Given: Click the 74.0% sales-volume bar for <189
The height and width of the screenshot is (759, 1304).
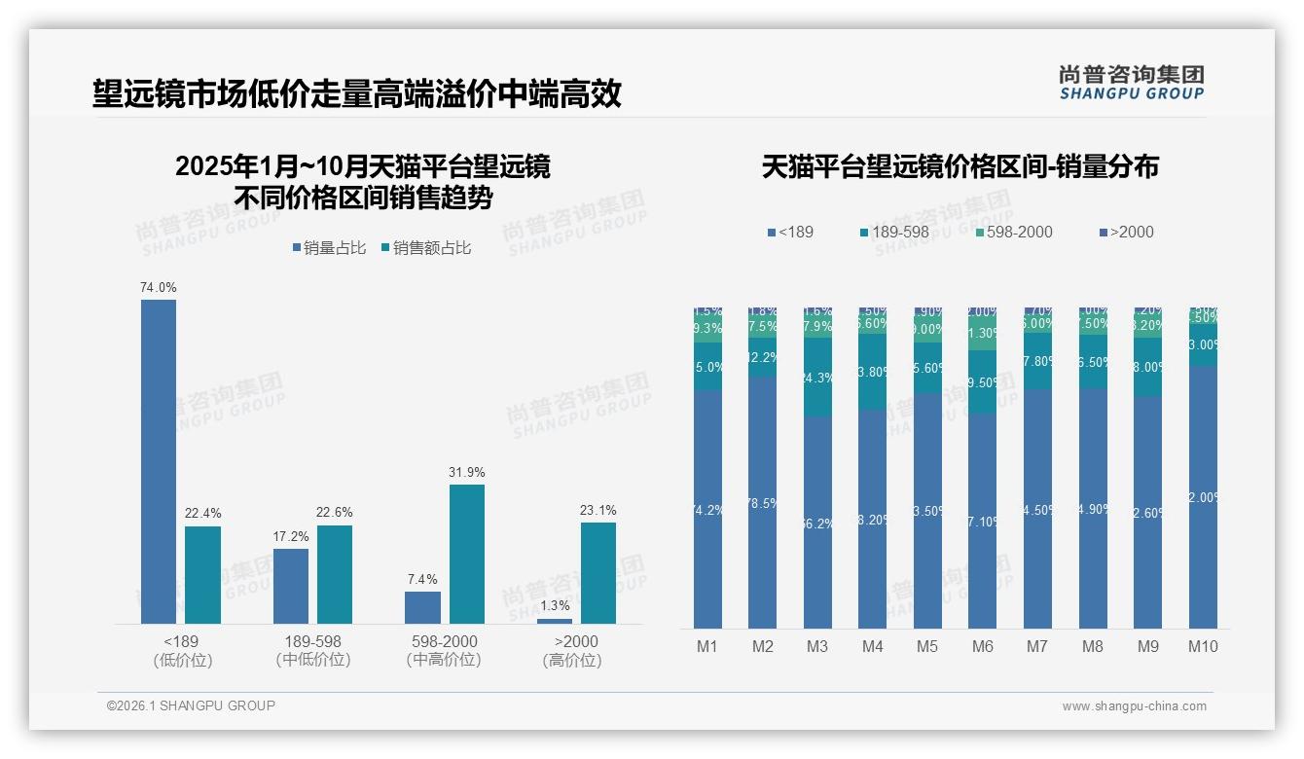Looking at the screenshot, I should click(159, 461).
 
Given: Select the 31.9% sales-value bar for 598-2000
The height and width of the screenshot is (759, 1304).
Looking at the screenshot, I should click(466, 554).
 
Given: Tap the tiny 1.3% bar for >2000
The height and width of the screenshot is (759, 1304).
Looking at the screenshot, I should click(555, 621).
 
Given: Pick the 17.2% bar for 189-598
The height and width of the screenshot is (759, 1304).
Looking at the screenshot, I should click(291, 586).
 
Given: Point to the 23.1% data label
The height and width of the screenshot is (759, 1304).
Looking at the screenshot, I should click(598, 510).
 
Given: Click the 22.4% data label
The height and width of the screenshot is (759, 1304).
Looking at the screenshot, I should click(202, 514).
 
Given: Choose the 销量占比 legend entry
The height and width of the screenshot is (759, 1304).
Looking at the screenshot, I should click(330, 248).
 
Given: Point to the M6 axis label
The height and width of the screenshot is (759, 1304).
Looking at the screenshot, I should click(983, 646).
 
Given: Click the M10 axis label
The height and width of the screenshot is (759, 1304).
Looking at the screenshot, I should click(1203, 646).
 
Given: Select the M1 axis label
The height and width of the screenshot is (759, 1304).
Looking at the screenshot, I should click(707, 646).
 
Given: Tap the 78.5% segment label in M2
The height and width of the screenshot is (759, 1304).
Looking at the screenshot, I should click(762, 503).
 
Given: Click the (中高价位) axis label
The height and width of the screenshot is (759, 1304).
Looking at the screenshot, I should click(444, 660).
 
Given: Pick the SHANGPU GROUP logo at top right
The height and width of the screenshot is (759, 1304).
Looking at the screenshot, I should click(1131, 83).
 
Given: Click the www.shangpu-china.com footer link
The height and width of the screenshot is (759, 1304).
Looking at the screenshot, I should click(1134, 706).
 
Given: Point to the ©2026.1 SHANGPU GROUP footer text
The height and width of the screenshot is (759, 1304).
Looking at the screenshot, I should click(191, 705).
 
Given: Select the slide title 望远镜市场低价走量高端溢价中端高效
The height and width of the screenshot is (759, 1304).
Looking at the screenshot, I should click(357, 94).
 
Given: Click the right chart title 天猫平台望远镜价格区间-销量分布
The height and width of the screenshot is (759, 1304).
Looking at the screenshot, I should click(960, 166).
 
